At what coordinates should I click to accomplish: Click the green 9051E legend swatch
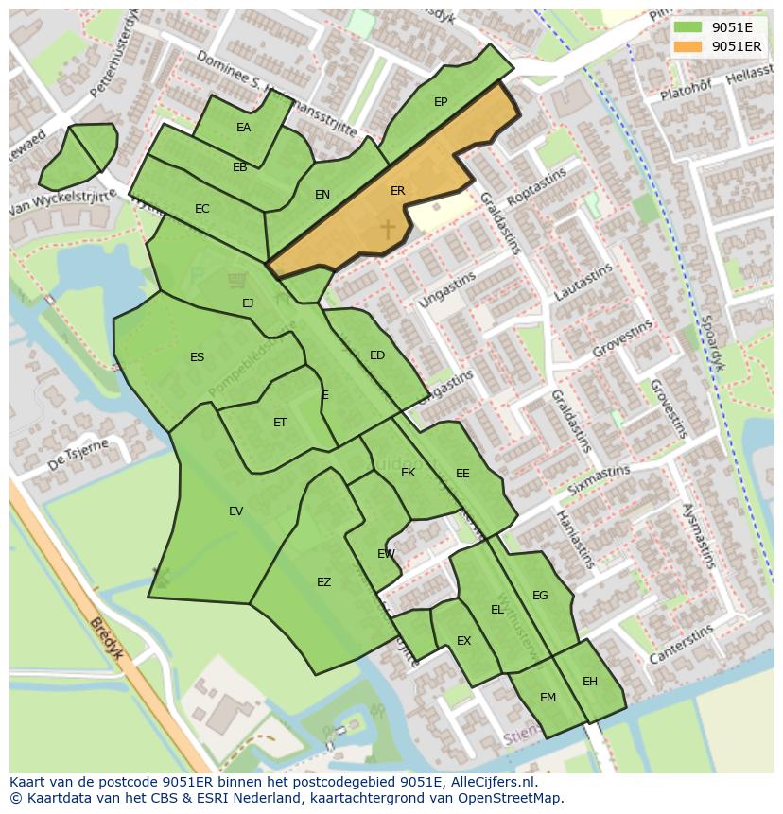pyautogui.click(x=688, y=27)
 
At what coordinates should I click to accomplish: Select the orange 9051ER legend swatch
pyautogui.click(x=688, y=46)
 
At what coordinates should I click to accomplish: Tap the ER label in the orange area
pyautogui.click(x=398, y=191)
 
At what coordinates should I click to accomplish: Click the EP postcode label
pyautogui.click(x=441, y=102)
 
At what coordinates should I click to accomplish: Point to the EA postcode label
pyautogui.click(x=244, y=128)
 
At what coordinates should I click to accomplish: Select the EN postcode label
pyautogui.click(x=322, y=195)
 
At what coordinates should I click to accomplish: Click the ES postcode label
pyautogui.click(x=197, y=357)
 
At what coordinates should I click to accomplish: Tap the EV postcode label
pyautogui.click(x=235, y=511)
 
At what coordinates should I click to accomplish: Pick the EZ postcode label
pyautogui.click(x=323, y=582)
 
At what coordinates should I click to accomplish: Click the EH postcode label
pyautogui.click(x=590, y=682)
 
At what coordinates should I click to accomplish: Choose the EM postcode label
pyautogui.click(x=548, y=698)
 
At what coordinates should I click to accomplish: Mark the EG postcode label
pyautogui.click(x=540, y=596)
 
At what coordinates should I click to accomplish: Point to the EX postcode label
pyautogui.click(x=463, y=641)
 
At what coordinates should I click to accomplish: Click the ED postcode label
pyautogui.click(x=377, y=355)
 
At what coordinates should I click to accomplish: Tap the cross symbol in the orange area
pyautogui.click(x=387, y=229)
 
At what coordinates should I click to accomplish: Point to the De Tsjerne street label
pyautogui.click(x=78, y=455)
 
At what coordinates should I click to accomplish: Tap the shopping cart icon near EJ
pyautogui.click(x=237, y=280)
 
